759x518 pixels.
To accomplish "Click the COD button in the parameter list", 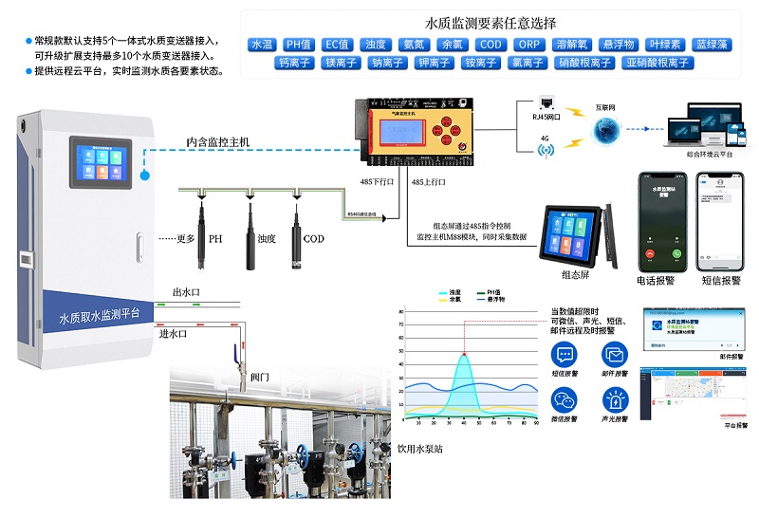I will click(x=491, y=45).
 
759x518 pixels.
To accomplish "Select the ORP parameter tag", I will click(x=528, y=45).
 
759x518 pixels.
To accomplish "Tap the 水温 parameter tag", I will click(x=262, y=45).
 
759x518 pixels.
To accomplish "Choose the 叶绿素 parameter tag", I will click(x=664, y=45).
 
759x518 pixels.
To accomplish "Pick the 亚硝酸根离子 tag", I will click(x=657, y=63).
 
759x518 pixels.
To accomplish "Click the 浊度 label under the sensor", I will click(x=267, y=238).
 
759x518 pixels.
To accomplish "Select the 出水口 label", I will click(x=186, y=292).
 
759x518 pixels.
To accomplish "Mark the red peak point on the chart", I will click(x=464, y=355).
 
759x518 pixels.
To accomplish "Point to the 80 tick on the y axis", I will click(x=401, y=311).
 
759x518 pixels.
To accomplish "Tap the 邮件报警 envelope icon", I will click(x=615, y=355).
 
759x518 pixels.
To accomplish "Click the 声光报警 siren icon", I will click(x=615, y=401).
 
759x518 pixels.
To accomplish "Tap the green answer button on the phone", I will click(x=676, y=254).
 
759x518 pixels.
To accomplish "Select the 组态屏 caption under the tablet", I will click(x=576, y=275).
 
